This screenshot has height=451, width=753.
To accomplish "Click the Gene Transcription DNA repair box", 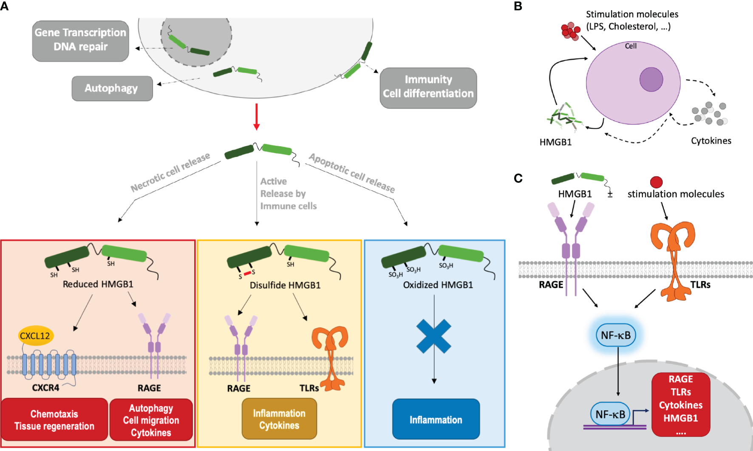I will tap(80, 41).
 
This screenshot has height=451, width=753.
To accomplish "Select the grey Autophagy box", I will tap(112, 88).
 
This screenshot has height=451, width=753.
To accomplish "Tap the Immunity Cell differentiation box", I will tap(428, 88).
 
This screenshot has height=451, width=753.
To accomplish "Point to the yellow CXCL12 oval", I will tap(35, 336).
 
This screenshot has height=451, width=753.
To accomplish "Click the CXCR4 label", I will tap(45, 388).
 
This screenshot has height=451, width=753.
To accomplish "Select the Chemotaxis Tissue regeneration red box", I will tap(54, 420).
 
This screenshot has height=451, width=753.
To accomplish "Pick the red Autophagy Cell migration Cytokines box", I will tap(151, 420).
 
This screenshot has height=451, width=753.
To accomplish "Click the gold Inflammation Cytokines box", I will tap(279, 419).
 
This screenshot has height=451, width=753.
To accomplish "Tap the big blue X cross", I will tap(433, 336).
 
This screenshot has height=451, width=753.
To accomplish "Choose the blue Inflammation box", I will tap(436, 419).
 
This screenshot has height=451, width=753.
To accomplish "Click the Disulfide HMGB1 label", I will tap(285, 285).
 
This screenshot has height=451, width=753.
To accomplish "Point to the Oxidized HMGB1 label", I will tap(438, 285).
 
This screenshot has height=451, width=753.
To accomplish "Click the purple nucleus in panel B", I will tap(651, 79).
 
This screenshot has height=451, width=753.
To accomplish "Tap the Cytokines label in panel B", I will tap(711, 141).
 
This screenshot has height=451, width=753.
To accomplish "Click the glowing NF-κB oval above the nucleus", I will tap(616, 335).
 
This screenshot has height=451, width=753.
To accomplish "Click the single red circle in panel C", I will tap(656, 182).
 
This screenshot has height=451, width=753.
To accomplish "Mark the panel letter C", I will tap(518, 178).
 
